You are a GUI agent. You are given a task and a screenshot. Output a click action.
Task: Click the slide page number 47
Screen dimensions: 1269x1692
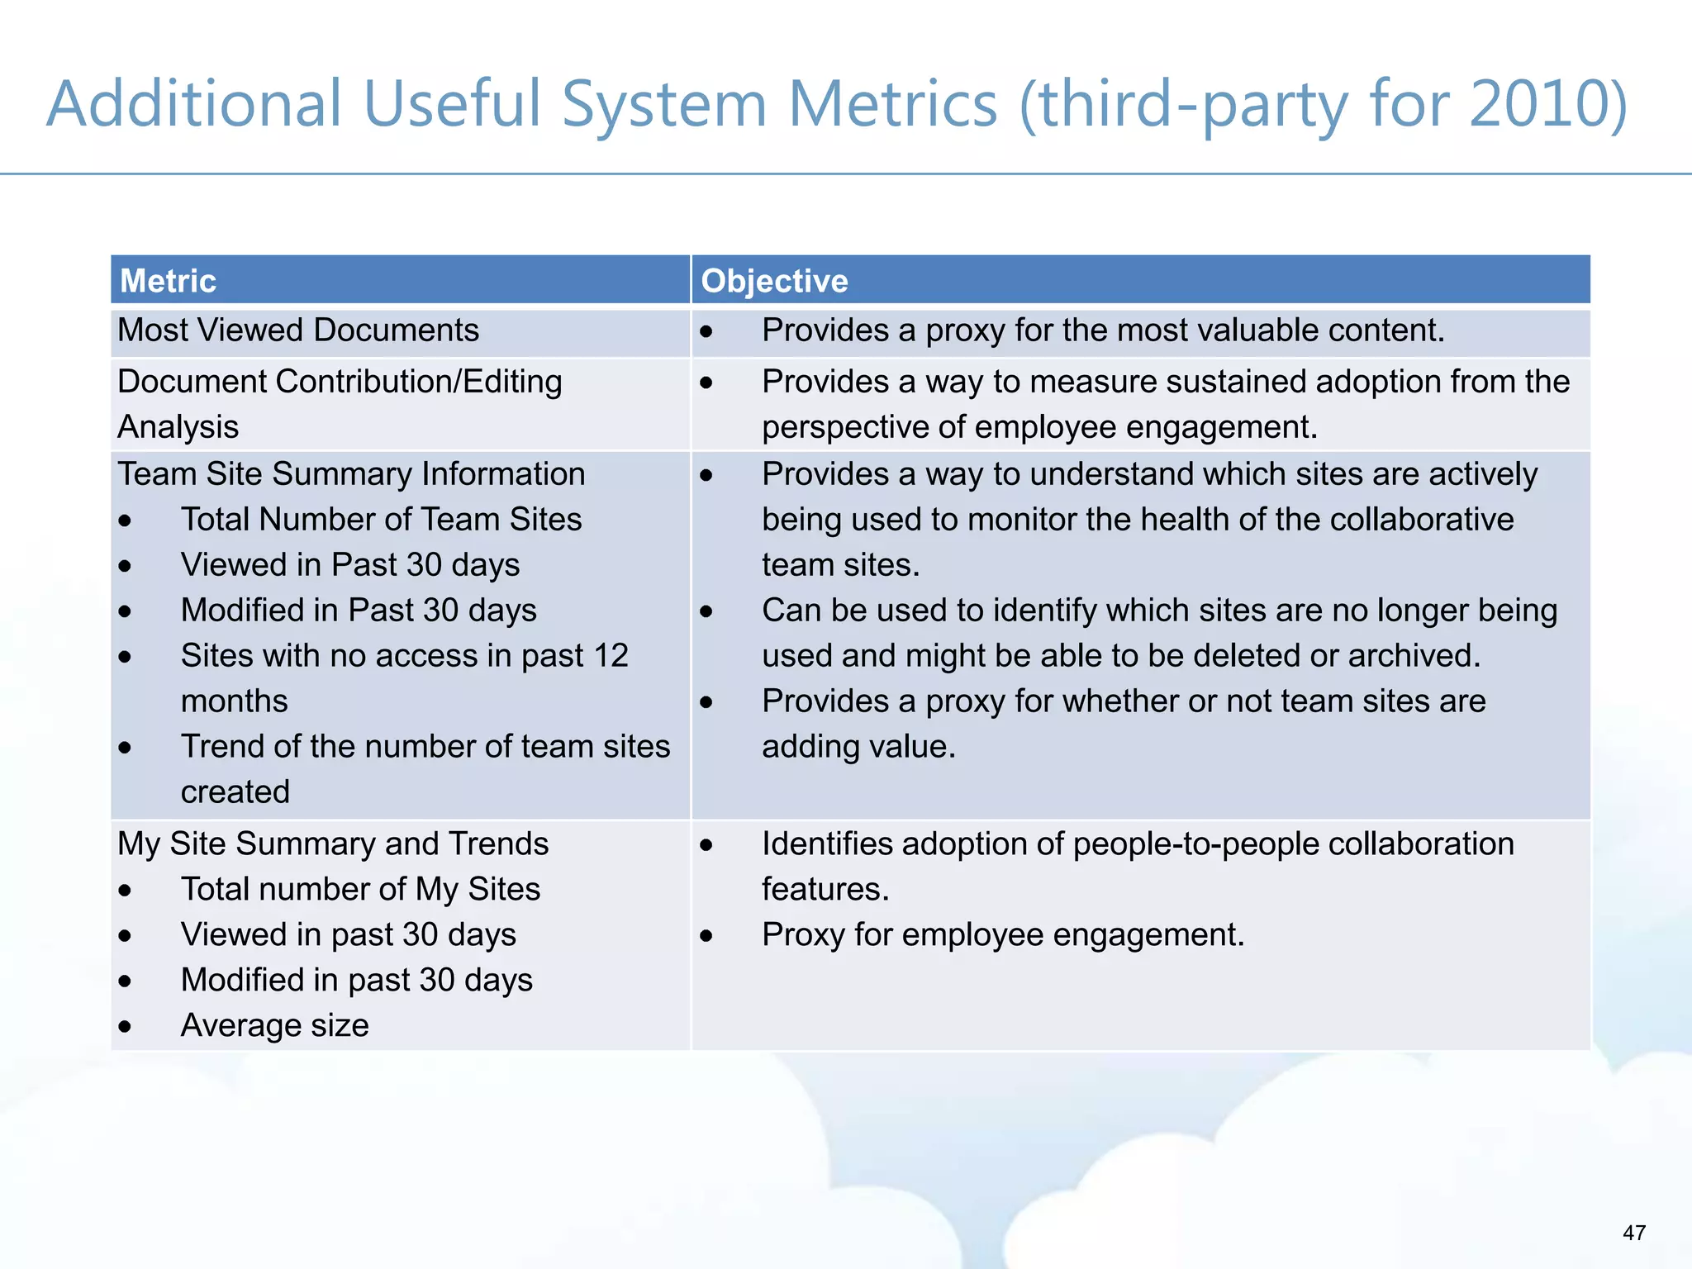coord(1633,1233)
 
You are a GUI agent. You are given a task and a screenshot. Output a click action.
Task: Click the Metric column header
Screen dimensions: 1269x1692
coord(168,281)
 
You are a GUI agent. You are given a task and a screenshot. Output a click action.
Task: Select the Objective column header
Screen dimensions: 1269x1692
coord(774,281)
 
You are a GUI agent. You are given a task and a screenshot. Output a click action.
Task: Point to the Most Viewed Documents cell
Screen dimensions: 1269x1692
coord(298,330)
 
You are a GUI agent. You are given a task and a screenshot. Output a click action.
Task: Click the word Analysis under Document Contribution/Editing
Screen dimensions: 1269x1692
coord(178,427)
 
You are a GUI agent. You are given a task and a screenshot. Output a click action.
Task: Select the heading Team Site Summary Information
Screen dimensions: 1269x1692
coord(351,474)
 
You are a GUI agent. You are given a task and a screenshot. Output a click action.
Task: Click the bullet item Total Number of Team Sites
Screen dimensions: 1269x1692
coord(381,520)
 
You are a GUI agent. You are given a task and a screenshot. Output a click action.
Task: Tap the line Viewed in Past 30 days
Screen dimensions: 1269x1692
coord(350,565)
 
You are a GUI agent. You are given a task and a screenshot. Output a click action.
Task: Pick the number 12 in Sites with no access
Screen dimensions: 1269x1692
coord(611,656)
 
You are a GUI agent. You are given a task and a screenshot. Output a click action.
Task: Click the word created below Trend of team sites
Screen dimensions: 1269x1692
coord(235,792)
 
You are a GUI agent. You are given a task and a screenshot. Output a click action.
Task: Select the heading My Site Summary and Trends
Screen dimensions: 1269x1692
coord(333,844)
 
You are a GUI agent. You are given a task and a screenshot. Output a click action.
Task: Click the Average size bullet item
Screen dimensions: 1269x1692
coord(274,1025)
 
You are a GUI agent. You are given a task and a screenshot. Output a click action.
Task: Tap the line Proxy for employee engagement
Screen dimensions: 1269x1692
coord(1002,935)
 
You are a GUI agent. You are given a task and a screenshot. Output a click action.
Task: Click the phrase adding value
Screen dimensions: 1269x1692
coord(858,747)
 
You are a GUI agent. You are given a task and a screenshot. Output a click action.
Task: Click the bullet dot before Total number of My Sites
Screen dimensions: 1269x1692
coord(125,891)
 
